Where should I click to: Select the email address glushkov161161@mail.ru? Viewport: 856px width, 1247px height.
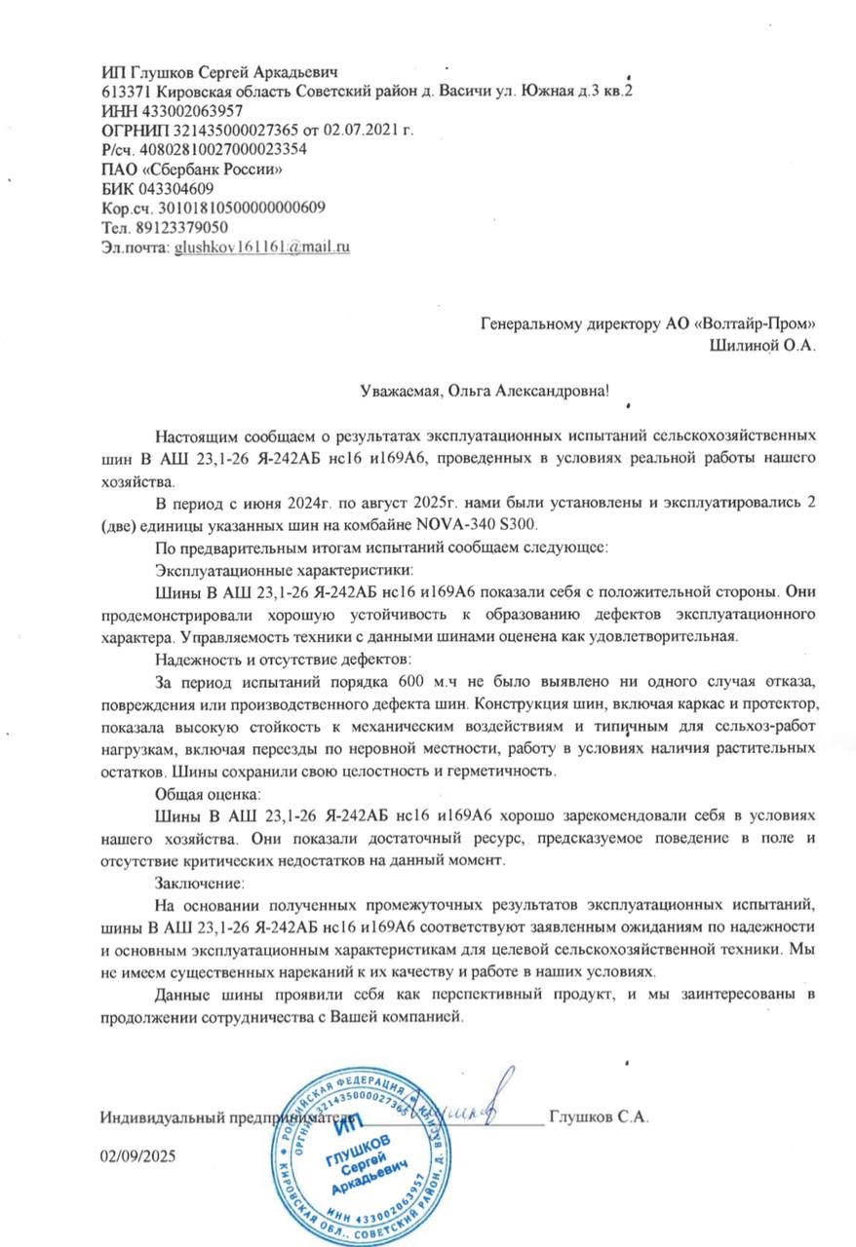tap(261, 247)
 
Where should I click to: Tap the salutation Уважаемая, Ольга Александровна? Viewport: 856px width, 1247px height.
tap(485, 391)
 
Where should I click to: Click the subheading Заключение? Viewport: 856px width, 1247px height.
tap(197, 884)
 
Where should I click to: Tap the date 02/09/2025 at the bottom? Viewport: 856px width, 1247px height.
tap(138, 1155)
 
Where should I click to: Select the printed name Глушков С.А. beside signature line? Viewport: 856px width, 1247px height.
tap(599, 1116)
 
